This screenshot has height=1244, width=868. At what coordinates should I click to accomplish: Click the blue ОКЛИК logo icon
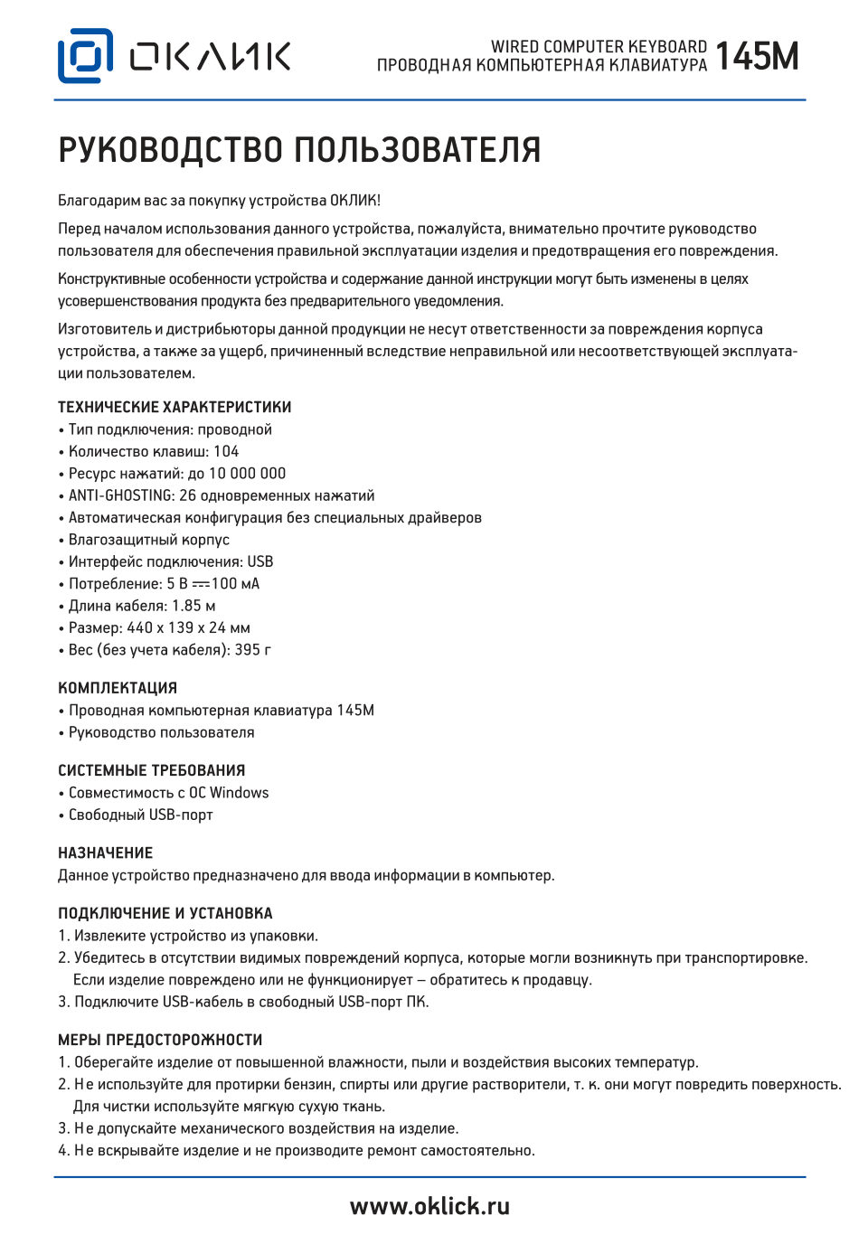coord(85,56)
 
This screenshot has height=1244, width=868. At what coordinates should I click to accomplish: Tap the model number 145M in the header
coord(757,57)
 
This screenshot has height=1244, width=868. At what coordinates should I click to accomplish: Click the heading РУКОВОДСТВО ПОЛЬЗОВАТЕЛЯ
coord(299,150)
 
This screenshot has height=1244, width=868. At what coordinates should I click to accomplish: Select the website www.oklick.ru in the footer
coord(429,1206)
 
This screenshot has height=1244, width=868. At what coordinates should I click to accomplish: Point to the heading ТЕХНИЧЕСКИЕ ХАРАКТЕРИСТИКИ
coord(175,407)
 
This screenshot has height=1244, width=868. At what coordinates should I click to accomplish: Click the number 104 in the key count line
coord(226,451)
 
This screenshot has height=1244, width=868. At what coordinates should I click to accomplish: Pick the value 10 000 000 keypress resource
coord(247,473)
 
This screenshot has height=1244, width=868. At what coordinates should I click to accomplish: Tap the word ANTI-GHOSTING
coord(121,495)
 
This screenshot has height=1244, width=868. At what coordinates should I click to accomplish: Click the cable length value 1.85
coord(186,606)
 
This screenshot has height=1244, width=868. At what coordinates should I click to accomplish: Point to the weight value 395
coord(248,649)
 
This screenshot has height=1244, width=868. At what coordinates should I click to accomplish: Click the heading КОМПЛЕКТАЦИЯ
coord(118,688)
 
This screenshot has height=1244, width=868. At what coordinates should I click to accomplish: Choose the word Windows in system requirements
coord(239,793)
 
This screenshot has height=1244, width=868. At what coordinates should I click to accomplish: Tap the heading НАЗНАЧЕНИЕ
coord(106,853)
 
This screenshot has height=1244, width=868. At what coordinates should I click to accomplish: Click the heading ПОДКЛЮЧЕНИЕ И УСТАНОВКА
coord(165,913)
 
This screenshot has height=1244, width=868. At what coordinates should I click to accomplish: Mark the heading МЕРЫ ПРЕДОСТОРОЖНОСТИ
coord(160,1040)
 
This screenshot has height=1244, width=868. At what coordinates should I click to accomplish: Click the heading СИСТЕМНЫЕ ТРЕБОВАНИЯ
coord(152,770)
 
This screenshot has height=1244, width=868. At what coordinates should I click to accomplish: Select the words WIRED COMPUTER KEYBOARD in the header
coord(599,46)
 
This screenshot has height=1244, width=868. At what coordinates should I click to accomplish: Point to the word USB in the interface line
coord(260,561)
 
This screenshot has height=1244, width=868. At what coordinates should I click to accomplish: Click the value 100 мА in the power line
coord(235,584)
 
